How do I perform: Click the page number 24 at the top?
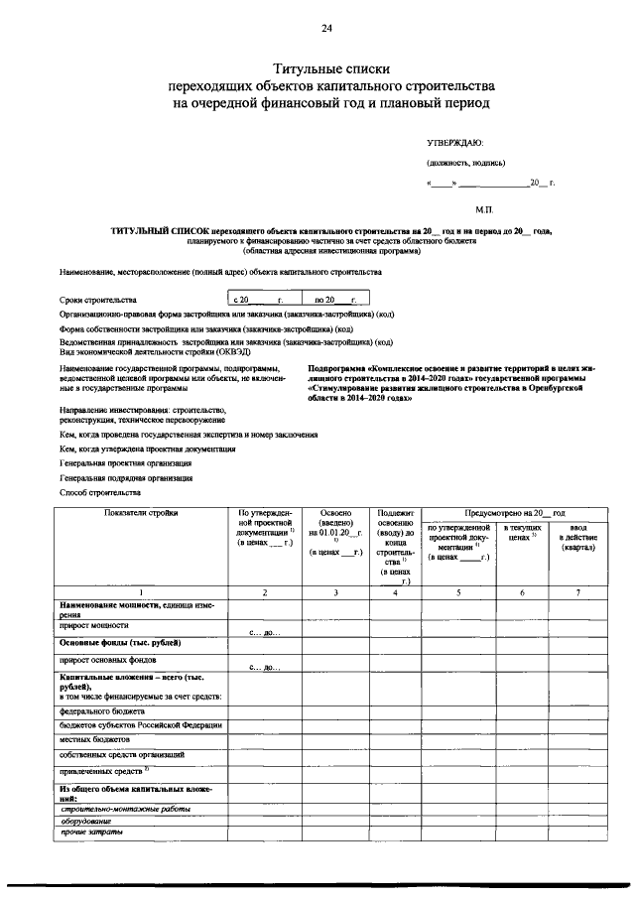coord(326,27)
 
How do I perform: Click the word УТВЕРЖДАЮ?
coord(455,144)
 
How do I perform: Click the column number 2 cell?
coord(265,592)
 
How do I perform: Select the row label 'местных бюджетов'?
coord(94,739)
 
